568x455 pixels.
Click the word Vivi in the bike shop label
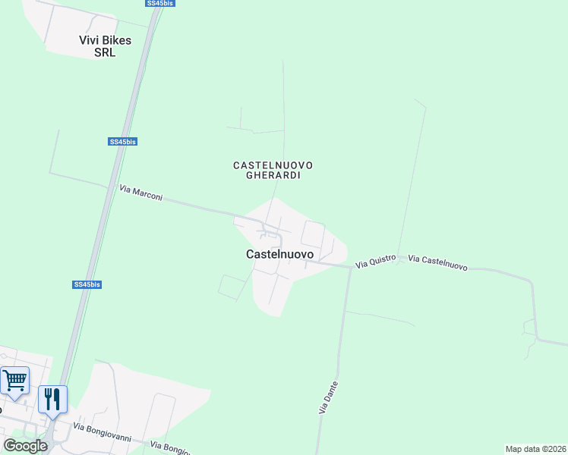[x=91, y=40]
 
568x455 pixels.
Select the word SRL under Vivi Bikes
[x=104, y=52]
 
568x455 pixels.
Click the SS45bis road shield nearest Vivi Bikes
[x=159, y=4]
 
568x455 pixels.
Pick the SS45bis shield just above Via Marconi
[x=122, y=142]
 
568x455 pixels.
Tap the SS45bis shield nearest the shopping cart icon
[x=87, y=284]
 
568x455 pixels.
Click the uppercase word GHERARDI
[x=273, y=175]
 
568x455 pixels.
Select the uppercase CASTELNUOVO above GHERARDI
[x=273, y=165]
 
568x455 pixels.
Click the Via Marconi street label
[x=141, y=193]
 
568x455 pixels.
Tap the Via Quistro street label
[x=376, y=262]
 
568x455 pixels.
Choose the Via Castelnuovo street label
[x=437, y=263]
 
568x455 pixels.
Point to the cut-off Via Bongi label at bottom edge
[x=170, y=448]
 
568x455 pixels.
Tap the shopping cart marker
[x=15, y=381]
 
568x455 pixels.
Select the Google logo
[x=25, y=446]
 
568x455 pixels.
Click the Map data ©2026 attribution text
[x=535, y=449]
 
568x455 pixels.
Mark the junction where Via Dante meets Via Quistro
[x=350, y=267]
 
